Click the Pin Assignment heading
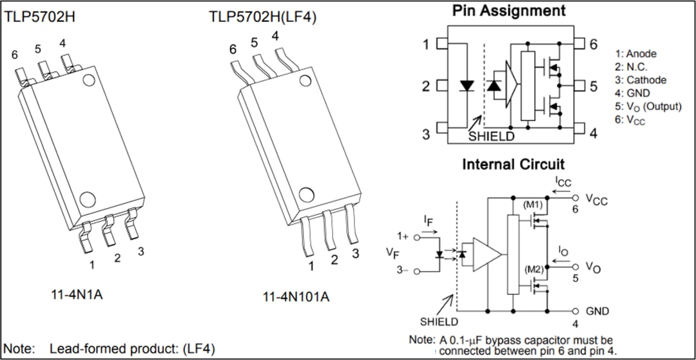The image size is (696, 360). coord(508,11)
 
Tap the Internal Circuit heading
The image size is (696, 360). coord(513,164)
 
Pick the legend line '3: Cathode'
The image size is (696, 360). coord(640,81)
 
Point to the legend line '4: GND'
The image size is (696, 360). coord(632,93)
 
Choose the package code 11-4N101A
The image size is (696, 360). coord(296,297)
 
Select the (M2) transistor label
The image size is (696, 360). coord(533,269)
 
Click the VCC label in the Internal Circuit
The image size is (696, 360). coord(597,200)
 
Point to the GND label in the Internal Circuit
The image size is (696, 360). coord(597,311)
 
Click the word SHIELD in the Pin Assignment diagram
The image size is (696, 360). coord(491,137)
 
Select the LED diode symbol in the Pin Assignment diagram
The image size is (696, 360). coord(467,86)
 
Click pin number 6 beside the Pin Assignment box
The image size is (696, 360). coord(593,44)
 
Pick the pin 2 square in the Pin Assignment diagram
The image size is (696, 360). coord(442,86)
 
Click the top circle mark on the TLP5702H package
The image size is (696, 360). coord(88,80)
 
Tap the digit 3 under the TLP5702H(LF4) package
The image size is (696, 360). coord(355,253)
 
